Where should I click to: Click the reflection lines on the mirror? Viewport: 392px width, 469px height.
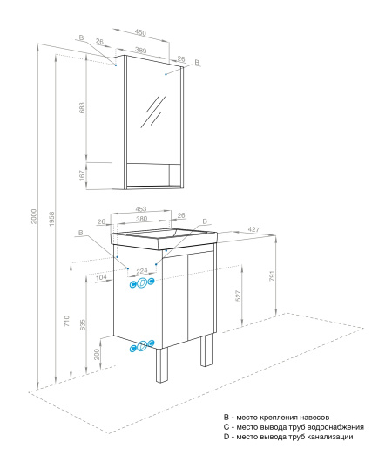155,112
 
